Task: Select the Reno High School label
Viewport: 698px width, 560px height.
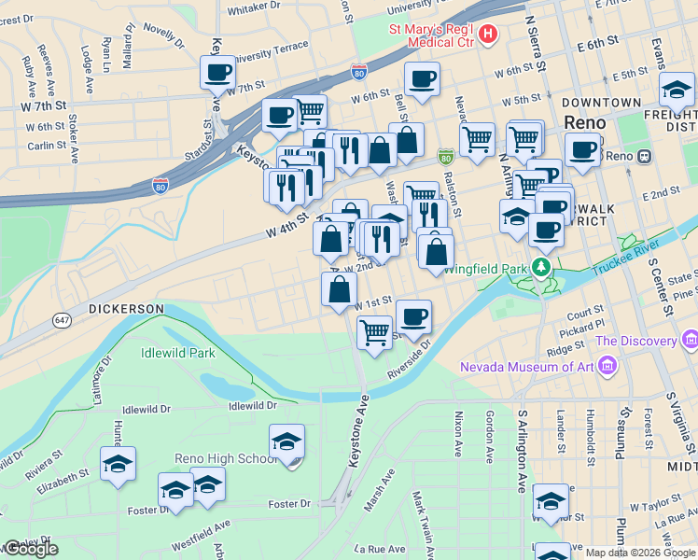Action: coord(226,458)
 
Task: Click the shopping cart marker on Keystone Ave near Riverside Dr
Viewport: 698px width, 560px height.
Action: coord(374,331)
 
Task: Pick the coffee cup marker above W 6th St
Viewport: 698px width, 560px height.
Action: coord(421,78)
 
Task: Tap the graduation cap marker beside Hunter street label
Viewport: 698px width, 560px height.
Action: coord(118,463)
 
